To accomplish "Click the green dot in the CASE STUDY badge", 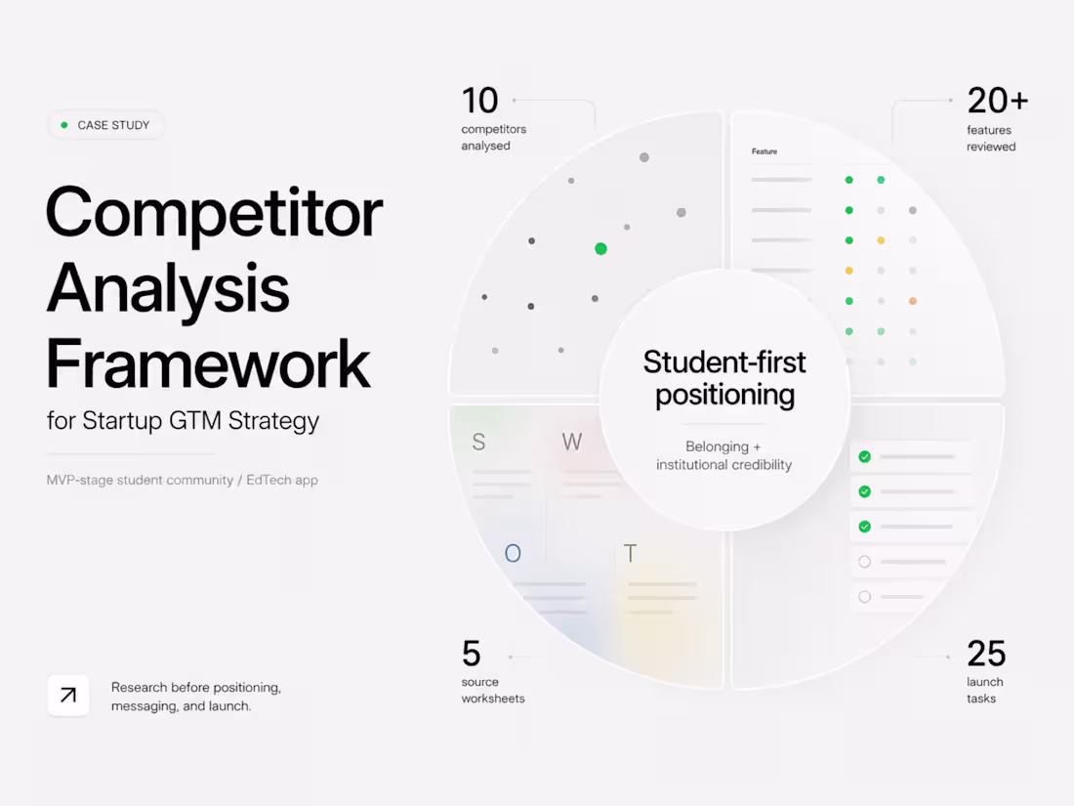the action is (64, 125).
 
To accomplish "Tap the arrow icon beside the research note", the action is (67, 695).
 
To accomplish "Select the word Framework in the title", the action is (208, 362).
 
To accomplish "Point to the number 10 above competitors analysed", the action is (479, 101).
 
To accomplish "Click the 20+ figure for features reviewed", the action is (997, 101).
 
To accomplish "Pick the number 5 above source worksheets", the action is (472, 654).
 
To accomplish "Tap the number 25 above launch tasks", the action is (986, 654).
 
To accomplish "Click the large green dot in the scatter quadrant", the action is (600, 249).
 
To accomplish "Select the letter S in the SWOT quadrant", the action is (478, 442).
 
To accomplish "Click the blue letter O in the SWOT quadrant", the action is (513, 553).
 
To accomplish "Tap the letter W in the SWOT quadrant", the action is (572, 442).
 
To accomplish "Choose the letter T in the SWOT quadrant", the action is (630, 553).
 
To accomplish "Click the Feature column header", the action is (764, 151).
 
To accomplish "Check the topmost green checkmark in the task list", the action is (864, 456).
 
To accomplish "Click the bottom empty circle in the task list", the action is (864, 596).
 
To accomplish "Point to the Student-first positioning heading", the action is (724, 378).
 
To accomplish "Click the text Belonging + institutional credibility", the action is (724, 455).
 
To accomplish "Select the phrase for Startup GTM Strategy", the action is (183, 420).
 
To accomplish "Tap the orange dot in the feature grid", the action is (912, 301).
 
